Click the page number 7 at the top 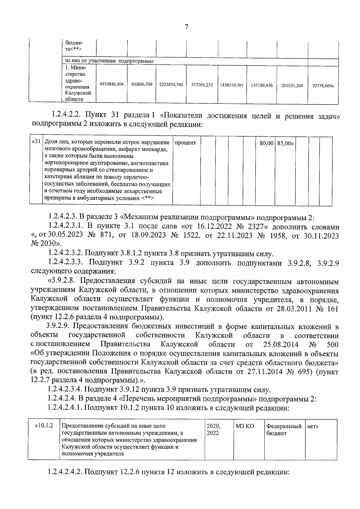point(186,27)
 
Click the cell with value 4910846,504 point(112,85)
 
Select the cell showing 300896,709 point(142,85)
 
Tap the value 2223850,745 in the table point(171,85)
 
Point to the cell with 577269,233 point(202,85)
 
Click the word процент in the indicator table point(185,143)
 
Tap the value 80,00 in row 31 point(266,143)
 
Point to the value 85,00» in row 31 point(285,143)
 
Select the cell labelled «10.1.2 point(44,426)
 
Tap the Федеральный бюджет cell point(283,430)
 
